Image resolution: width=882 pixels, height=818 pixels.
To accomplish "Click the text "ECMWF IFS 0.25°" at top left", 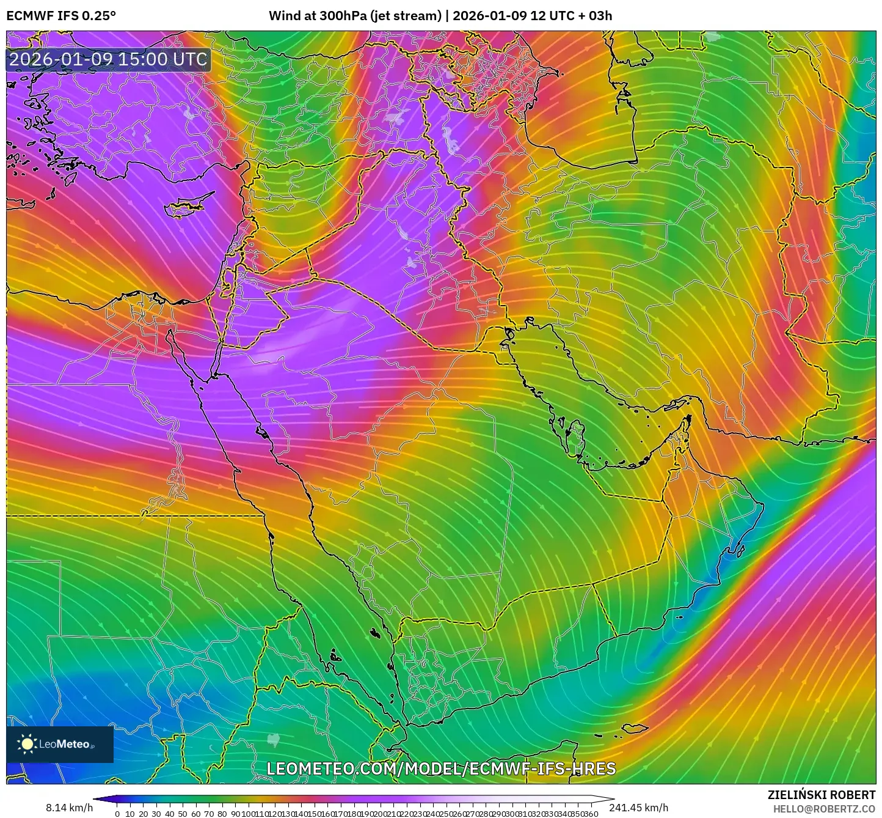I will pos(61,16).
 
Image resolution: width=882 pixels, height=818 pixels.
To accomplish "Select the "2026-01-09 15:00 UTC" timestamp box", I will pos(109,60).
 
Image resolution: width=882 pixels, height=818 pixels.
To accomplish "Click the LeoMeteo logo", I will pos(60,744).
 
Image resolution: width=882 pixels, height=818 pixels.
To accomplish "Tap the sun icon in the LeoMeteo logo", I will pos(27,743).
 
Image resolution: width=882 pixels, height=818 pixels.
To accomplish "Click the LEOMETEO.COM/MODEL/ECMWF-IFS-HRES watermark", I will pos(441,768).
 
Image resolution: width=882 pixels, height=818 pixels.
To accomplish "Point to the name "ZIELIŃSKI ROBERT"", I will pos(822,795).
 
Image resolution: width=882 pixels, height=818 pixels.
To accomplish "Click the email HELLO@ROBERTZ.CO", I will pos(824,808).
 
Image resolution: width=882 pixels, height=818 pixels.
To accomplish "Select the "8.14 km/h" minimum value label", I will pos(70,808).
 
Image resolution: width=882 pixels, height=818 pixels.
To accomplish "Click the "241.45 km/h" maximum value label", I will pos(639,808).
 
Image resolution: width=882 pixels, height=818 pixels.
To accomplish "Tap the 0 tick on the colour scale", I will pos(117,813).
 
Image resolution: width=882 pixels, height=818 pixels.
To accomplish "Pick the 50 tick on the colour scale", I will pos(183,813).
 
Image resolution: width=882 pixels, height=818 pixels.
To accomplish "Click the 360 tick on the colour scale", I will pos(591,813).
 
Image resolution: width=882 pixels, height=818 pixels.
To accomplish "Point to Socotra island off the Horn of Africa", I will pos(636,728).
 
